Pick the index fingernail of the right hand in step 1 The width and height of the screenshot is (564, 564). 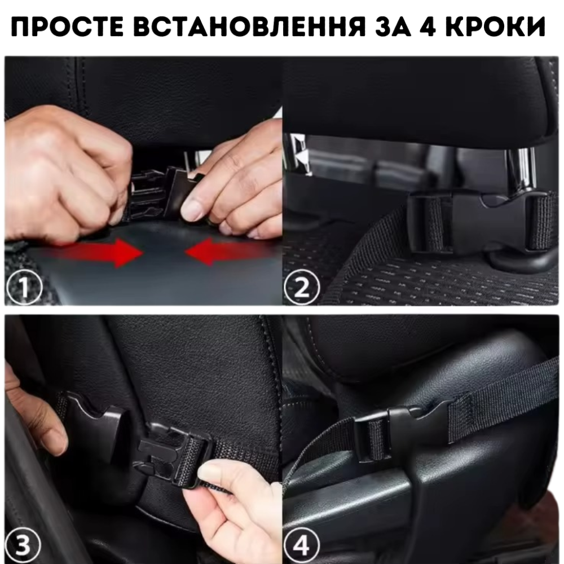tap(192, 210)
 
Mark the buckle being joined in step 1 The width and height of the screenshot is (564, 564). tap(158, 192)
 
